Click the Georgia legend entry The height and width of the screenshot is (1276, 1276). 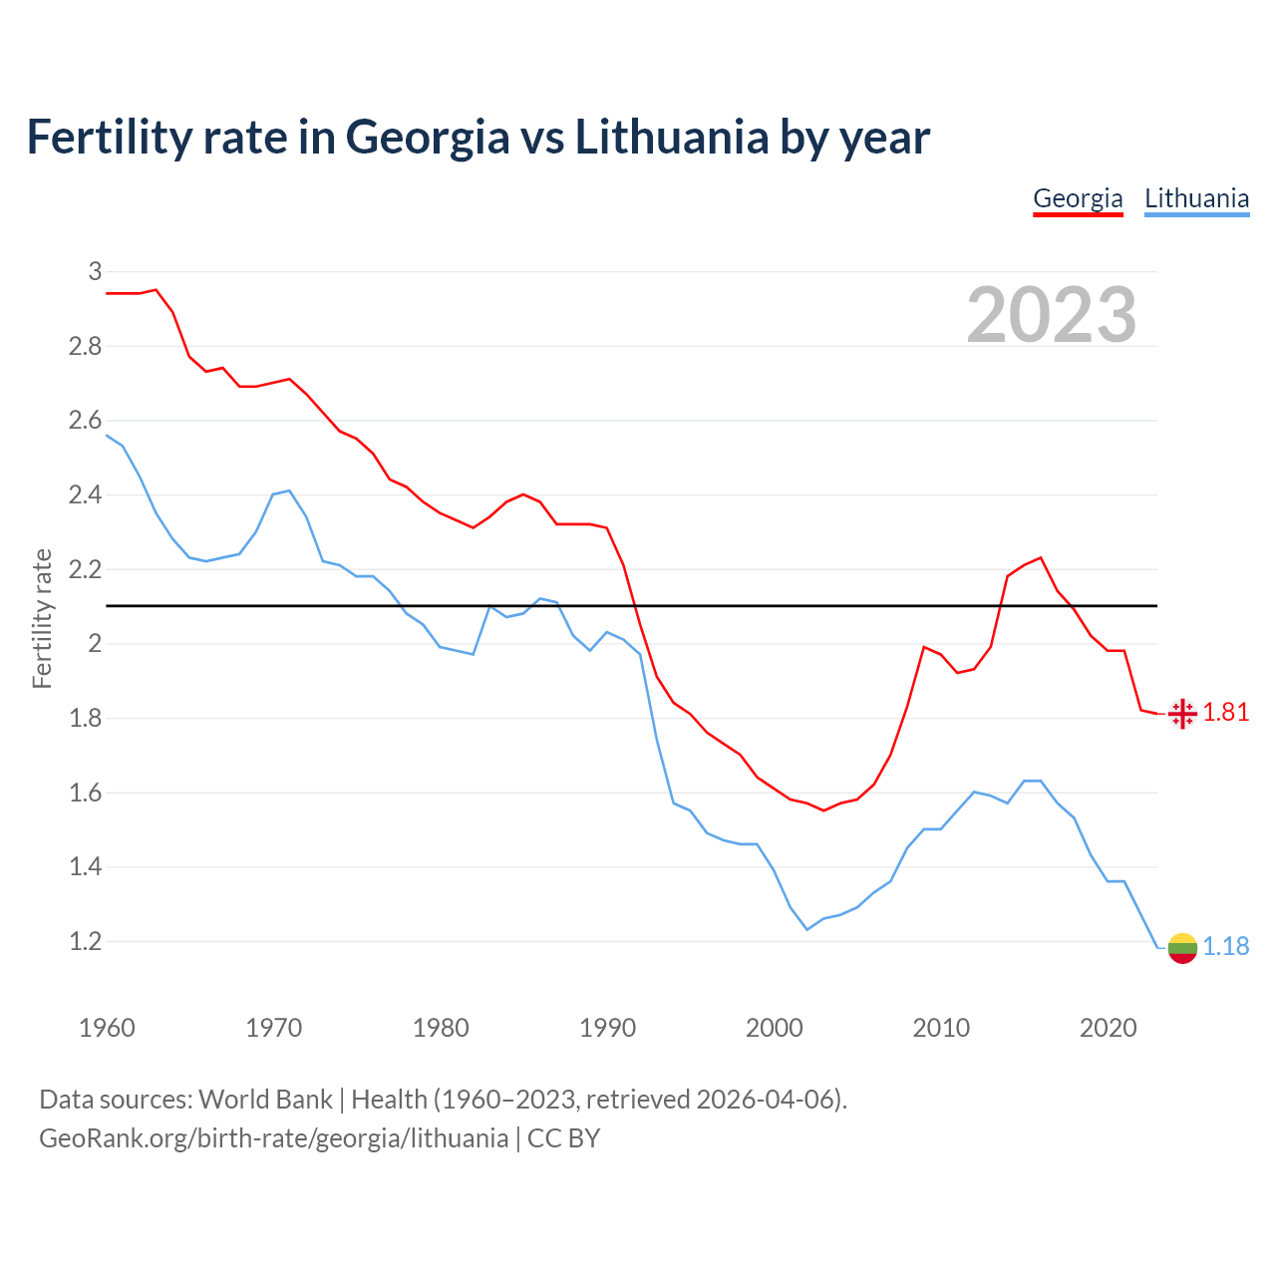pyautogui.click(x=1078, y=198)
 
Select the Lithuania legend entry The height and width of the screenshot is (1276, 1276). pyautogui.click(x=1196, y=198)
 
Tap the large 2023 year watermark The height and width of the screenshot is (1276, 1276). pyautogui.click(x=1052, y=315)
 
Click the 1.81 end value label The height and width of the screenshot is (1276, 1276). pyautogui.click(x=1225, y=712)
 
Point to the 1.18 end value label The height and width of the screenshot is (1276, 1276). pyautogui.click(x=1225, y=946)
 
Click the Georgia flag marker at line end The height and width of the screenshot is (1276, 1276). pyautogui.click(x=1182, y=714)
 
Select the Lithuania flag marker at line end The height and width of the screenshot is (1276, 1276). pyautogui.click(x=1182, y=948)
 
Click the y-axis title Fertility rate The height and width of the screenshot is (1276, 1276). pyautogui.click(x=42, y=618)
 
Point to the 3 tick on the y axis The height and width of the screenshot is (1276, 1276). pyautogui.click(x=95, y=271)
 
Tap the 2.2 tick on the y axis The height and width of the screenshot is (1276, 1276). pyautogui.click(x=85, y=569)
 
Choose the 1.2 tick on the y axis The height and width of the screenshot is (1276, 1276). pyautogui.click(x=85, y=941)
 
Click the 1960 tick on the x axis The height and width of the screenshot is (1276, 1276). pyautogui.click(x=107, y=1028)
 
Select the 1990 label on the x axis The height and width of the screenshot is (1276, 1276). pyautogui.click(x=607, y=1028)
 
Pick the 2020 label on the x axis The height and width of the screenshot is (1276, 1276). pyautogui.click(x=1108, y=1028)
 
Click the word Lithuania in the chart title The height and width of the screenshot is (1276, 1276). pyautogui.click(x=671, y=137)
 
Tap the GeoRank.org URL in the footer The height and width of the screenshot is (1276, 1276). pyautogui.click(x=273, y=1138)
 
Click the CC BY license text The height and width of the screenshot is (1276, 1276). pyautogui.click(x=563, y=1138)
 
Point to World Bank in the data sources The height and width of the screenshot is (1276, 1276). pyautogui.click(x=265, y=1100)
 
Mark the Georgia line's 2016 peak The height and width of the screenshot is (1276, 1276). pyautogui.click(x=1041, y=557)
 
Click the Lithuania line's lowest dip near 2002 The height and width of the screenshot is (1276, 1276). pyautogui.click(x=807, y=929)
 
